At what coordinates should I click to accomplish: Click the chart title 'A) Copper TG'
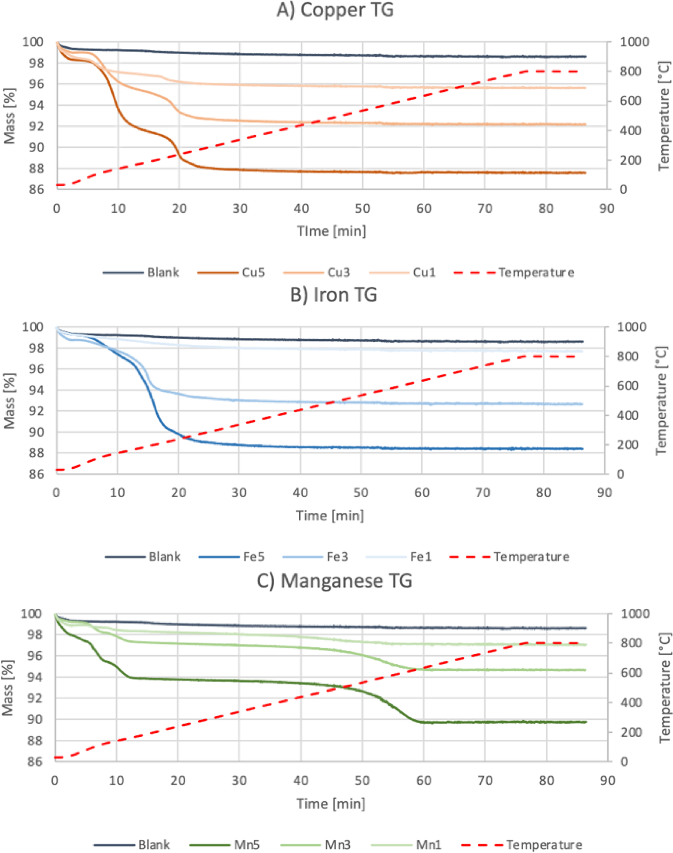point(335,10)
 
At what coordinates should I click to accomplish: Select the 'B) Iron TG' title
point(333,294)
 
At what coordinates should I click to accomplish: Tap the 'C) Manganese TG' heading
point(334,581)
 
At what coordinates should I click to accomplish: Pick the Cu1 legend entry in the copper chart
point(424,272)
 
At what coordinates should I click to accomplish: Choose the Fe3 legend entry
point(337,556)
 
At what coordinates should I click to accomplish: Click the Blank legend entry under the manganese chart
point(154,842)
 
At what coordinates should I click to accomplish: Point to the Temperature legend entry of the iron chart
point(531,556)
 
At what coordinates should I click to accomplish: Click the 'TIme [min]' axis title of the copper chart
point(331,231)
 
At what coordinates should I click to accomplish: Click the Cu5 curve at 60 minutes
point(423,172)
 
